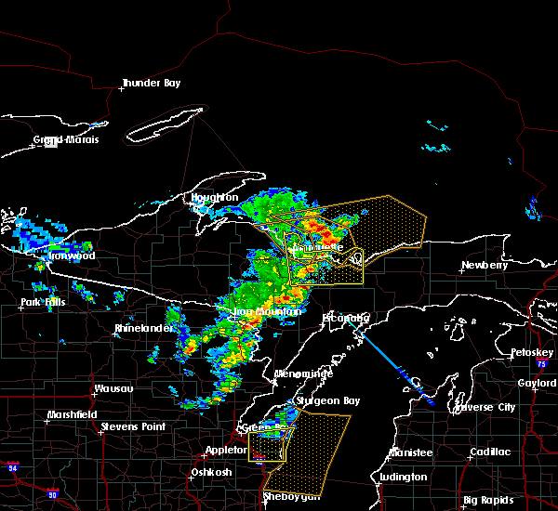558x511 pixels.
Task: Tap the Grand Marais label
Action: click(66, 140)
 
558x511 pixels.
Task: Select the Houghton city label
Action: click(215, 198)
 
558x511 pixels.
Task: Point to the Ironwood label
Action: click(73, 255)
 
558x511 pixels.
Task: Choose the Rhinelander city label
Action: click(144, 329)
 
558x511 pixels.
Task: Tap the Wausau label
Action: click(113, 389)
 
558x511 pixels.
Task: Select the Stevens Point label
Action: click(133, 426)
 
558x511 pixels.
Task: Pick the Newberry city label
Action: click(486, 266)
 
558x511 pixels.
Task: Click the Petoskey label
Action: click(532, 353)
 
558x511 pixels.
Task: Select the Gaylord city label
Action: click(536, 383)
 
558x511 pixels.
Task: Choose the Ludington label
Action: click(402, 478)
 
